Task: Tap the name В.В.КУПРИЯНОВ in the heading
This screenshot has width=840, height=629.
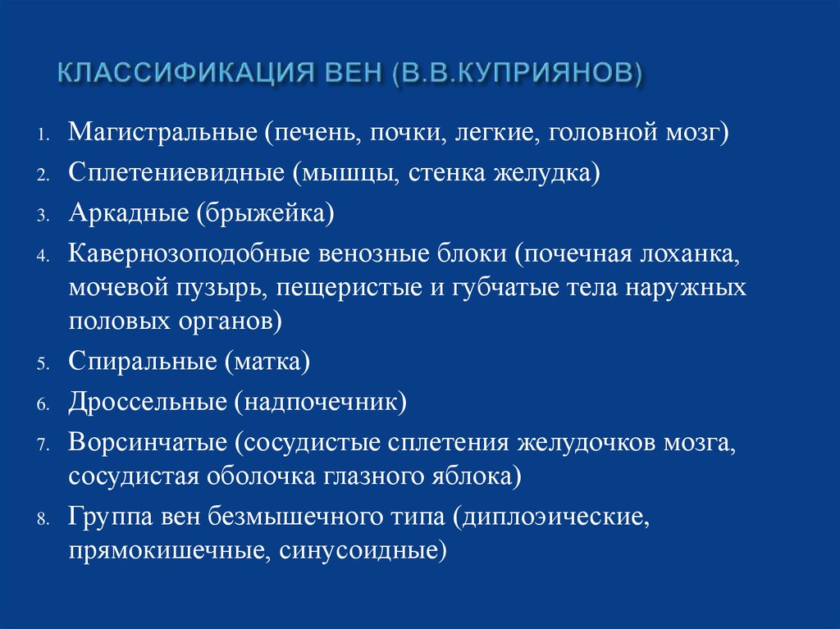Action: coord(518,72)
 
